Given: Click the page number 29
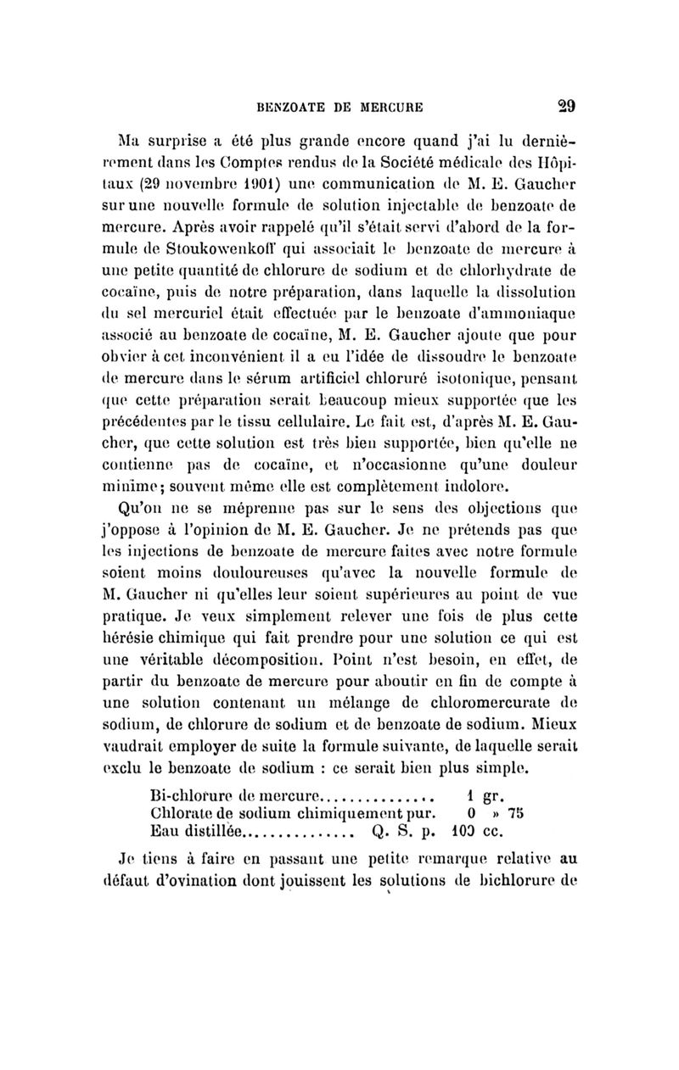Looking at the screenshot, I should point(566,107).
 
